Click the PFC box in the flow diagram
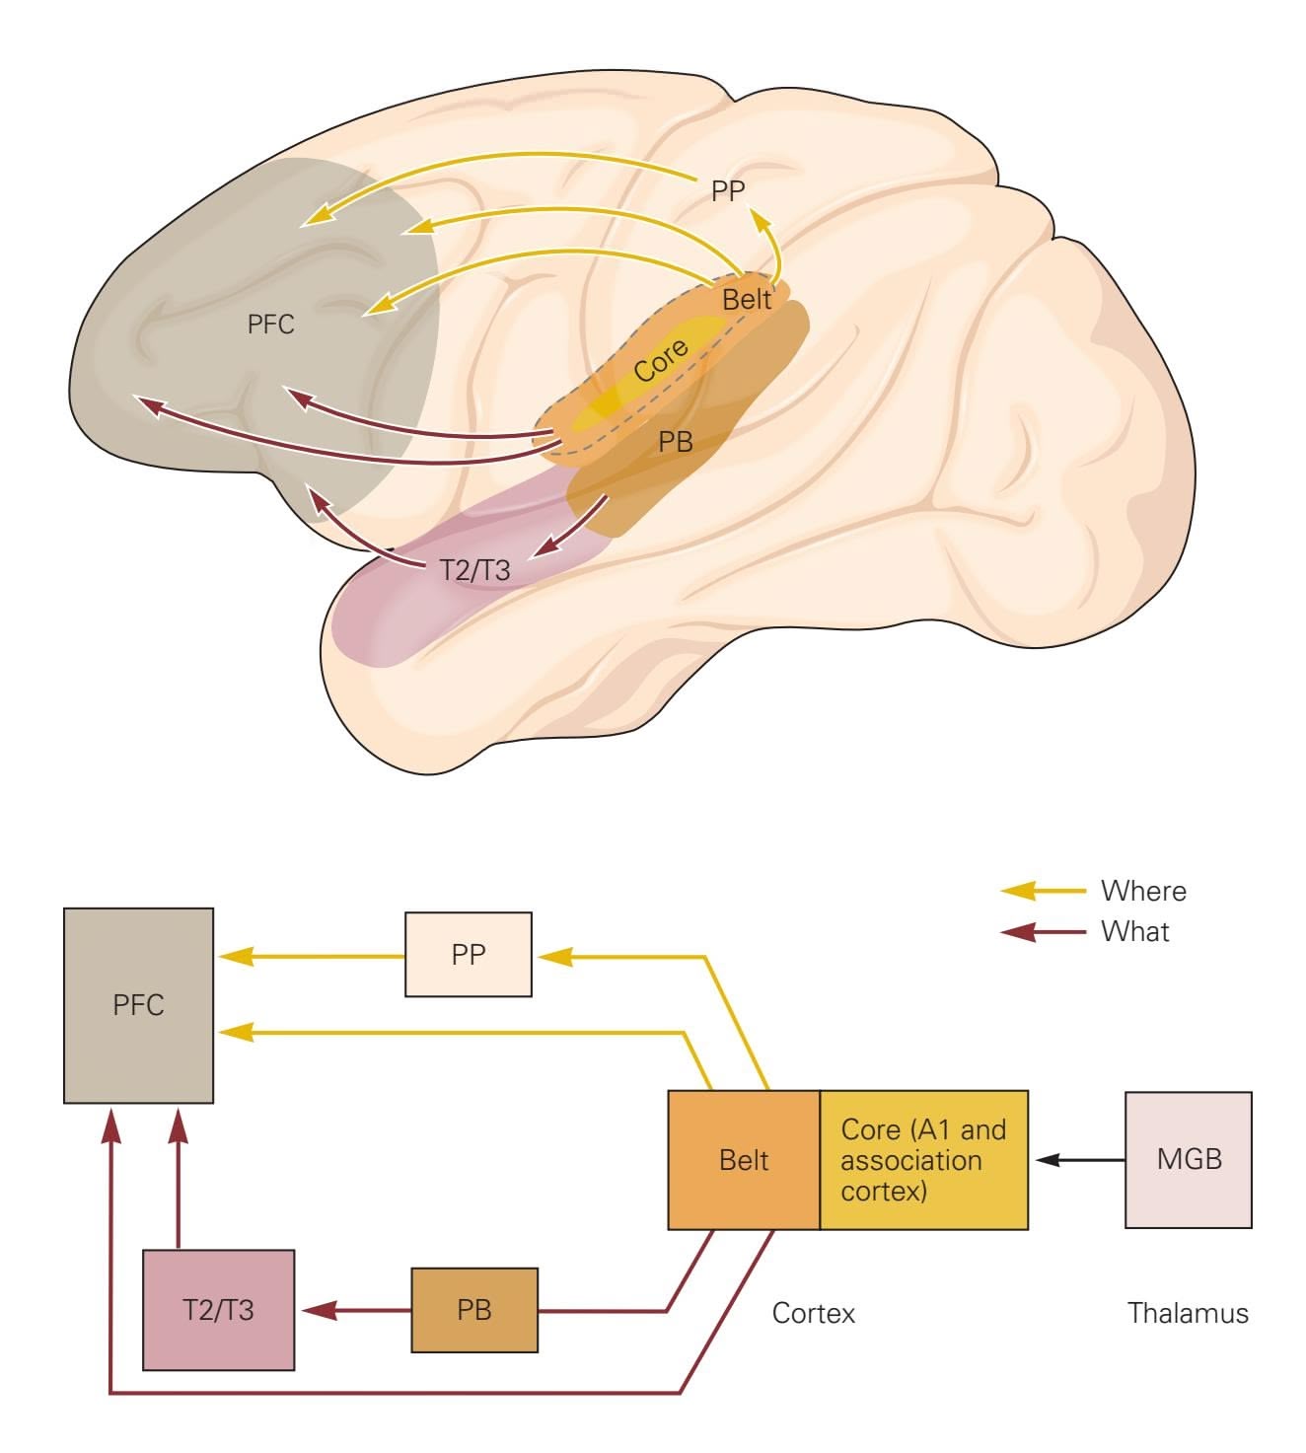tap(138, 1004)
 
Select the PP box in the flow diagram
tap(469, 954)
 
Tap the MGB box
tap(1189, 1159)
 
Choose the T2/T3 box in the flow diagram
tap(218, 1310)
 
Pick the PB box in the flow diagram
tap(474, 1310)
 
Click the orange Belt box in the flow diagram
tap(744, 1160)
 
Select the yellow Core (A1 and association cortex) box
tap(923, 1160)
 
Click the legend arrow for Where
tap(1044, 892)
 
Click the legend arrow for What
tap(1044, 931)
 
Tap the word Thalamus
tap(1188, 1313)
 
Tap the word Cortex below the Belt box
tap(814, 1313)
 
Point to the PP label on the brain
tap(728, 190)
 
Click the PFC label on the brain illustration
tap(270, 324)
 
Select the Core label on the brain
tap(661, 362)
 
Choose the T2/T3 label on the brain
tap(474, 569)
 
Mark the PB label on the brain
tap(676, 442)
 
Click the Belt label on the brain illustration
tap(747, 299)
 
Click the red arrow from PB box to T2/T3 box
tap(355, 1311)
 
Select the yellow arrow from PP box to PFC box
tap(311, 956)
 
